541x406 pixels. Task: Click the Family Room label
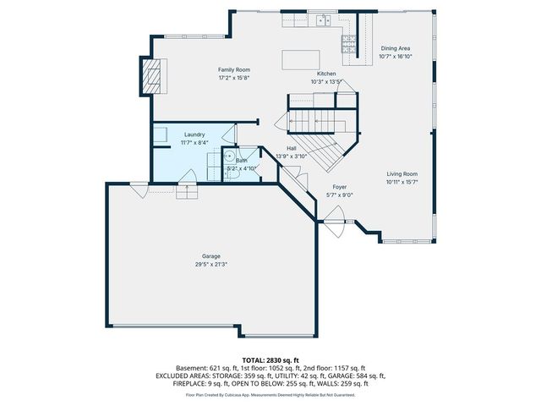pos(234,69)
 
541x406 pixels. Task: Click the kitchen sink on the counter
pos(321,20)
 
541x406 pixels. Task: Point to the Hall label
pos(291,149)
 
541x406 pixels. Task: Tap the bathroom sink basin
pos(227,157)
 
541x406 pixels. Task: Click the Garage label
pos(210,256)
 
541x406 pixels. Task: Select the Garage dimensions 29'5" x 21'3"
pos(210,264)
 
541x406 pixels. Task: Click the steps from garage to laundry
pos(186,194)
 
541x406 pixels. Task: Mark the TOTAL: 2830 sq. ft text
pos(270,359)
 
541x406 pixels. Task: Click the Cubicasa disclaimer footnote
pos(270,394)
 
